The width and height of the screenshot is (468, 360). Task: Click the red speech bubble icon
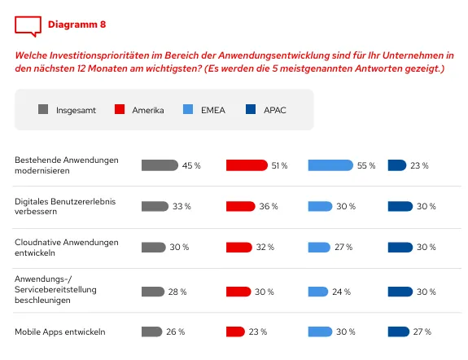pyautogui.click(x=27, y=26)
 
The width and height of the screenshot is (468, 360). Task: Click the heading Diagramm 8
pyautogui.click(x=77, y=24)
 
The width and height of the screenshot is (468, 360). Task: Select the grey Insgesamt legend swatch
pyautogui.click(x=43, y=109)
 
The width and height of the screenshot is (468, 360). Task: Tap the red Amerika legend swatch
pyautogui.click(x=119, y=109)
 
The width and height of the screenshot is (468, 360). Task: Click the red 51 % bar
pyautogui.click(x=246, y=165)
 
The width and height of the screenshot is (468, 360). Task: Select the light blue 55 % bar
pyautogui.click(x=330, y=165)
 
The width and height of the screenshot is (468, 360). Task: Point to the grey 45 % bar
pyautogui.click(x=160, y=165)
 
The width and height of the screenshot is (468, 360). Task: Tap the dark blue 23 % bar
pyautogui.click(x=397, y=165)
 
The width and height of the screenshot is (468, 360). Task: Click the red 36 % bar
pyautogui.click(x=240, y=206)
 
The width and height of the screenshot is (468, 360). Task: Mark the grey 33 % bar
pyautogui.click(x=155, y=206)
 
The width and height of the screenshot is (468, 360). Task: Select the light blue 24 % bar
pyautogui.click(x=318, y=291)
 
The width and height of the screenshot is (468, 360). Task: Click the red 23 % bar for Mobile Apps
pyautogui.click(x=235, y=331)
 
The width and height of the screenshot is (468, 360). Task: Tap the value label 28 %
pyautogui.click(x=177, y=291)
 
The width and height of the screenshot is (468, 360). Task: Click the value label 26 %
pyautogui.click(x=176, y=331)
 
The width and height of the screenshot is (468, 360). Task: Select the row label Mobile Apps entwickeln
pyautogui.click(x=59, y=331)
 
